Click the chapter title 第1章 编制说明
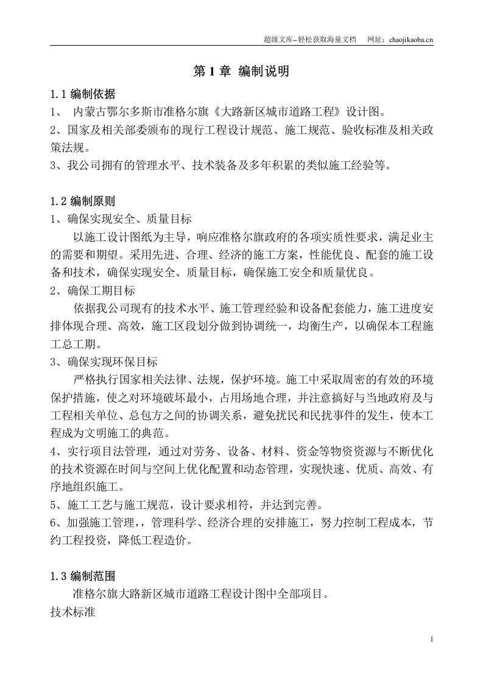(x=241, y=71)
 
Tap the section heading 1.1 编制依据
(x=83, y=94)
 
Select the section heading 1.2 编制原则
(x=83, y=201)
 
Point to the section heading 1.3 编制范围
(x=83, y=576)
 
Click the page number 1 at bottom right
(x=431, y=639)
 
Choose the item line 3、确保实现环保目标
(x=104, y=361)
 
